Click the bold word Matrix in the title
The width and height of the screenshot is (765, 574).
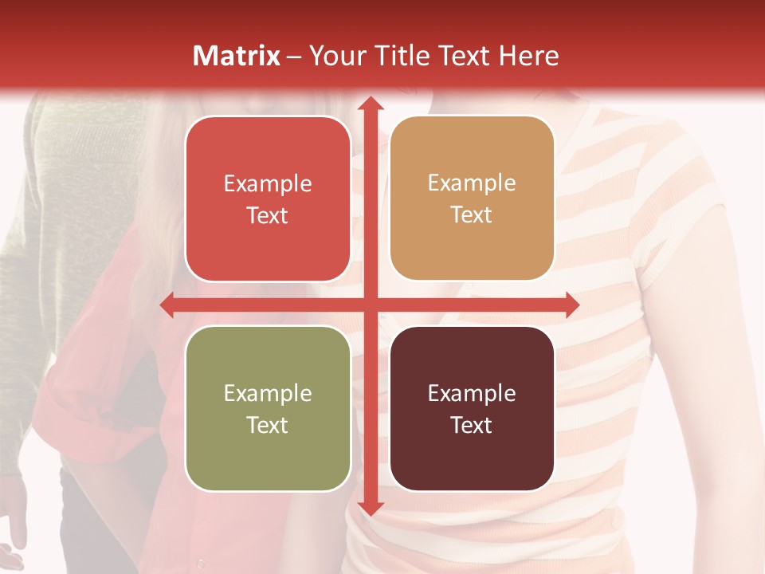tap(237, 56)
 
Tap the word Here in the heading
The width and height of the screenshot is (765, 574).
tap(528, 56)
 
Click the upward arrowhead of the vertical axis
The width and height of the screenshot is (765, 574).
tap(370, 104)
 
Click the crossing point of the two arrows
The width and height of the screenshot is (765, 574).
tap(370, 305)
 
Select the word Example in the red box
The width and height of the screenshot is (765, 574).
tap(268, 184)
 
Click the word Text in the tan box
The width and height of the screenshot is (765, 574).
tap(472, 215)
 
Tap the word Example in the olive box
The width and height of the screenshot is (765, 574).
tap(268, 394)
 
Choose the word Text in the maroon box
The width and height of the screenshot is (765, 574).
tap(472, 425)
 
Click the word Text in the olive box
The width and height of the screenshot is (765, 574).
tap(268, 425)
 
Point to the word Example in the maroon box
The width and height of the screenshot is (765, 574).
tap(472, 394)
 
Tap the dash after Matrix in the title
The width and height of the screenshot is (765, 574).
tap(295, 57)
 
